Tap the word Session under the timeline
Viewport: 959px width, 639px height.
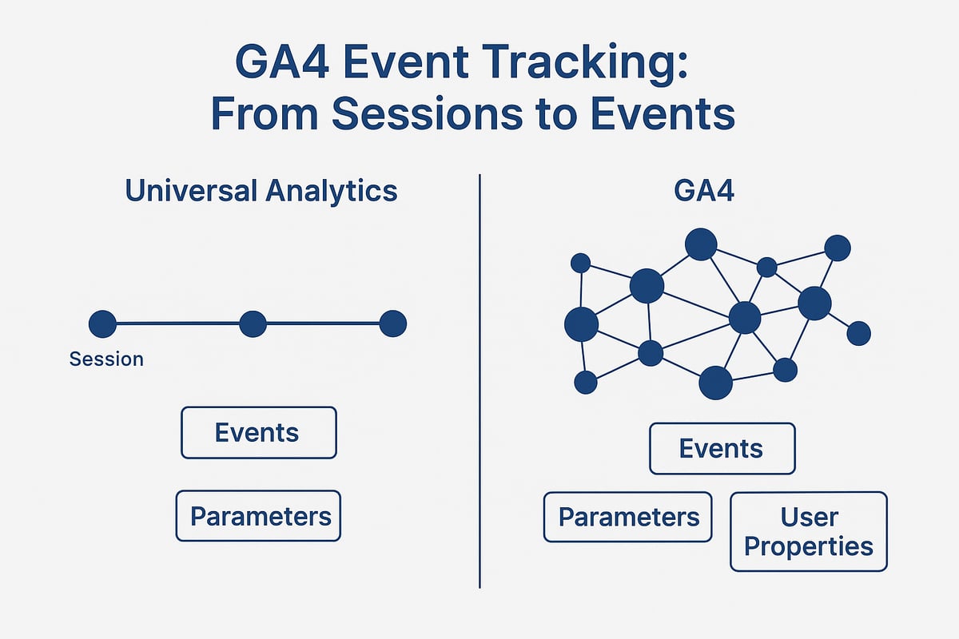pyautogui.click(x=106, y=359)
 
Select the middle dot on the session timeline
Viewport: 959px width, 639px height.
pyautogui.click(x=253, y=323)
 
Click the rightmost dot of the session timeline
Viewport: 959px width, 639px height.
pyautogui.click(x=392, y=323)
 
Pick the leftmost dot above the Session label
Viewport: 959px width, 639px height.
pyautogui.click(x=102, y=323)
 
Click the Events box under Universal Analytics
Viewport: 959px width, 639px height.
pyautogui.click(x=258, y=433)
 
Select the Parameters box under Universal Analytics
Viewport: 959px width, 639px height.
pyautogui.click(x=258, y=516)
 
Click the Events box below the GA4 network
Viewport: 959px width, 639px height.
pyautogui.click(x=722, y=448)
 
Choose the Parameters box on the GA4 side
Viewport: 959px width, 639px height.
pyautogui.click(x=627, y=517)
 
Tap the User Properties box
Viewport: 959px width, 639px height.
pyautogui.click(x=809, y=531)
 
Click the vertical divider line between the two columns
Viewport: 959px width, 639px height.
pyautogui.click(x=479, y=383)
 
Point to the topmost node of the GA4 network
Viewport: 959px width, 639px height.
pyautogui.click(x=701, y=244)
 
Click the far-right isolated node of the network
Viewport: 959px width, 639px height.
pyautogui.click(x=858, y=333)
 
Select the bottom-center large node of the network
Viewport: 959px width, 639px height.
pyautogui.click(x=715, y=383)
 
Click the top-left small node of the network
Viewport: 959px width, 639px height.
pyautogui.click(x=581, y=263)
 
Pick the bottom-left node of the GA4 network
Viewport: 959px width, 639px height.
pyautogui.click(x=586, y=382)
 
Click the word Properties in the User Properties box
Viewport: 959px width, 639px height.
pyautogui.click(x=809, y=547)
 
